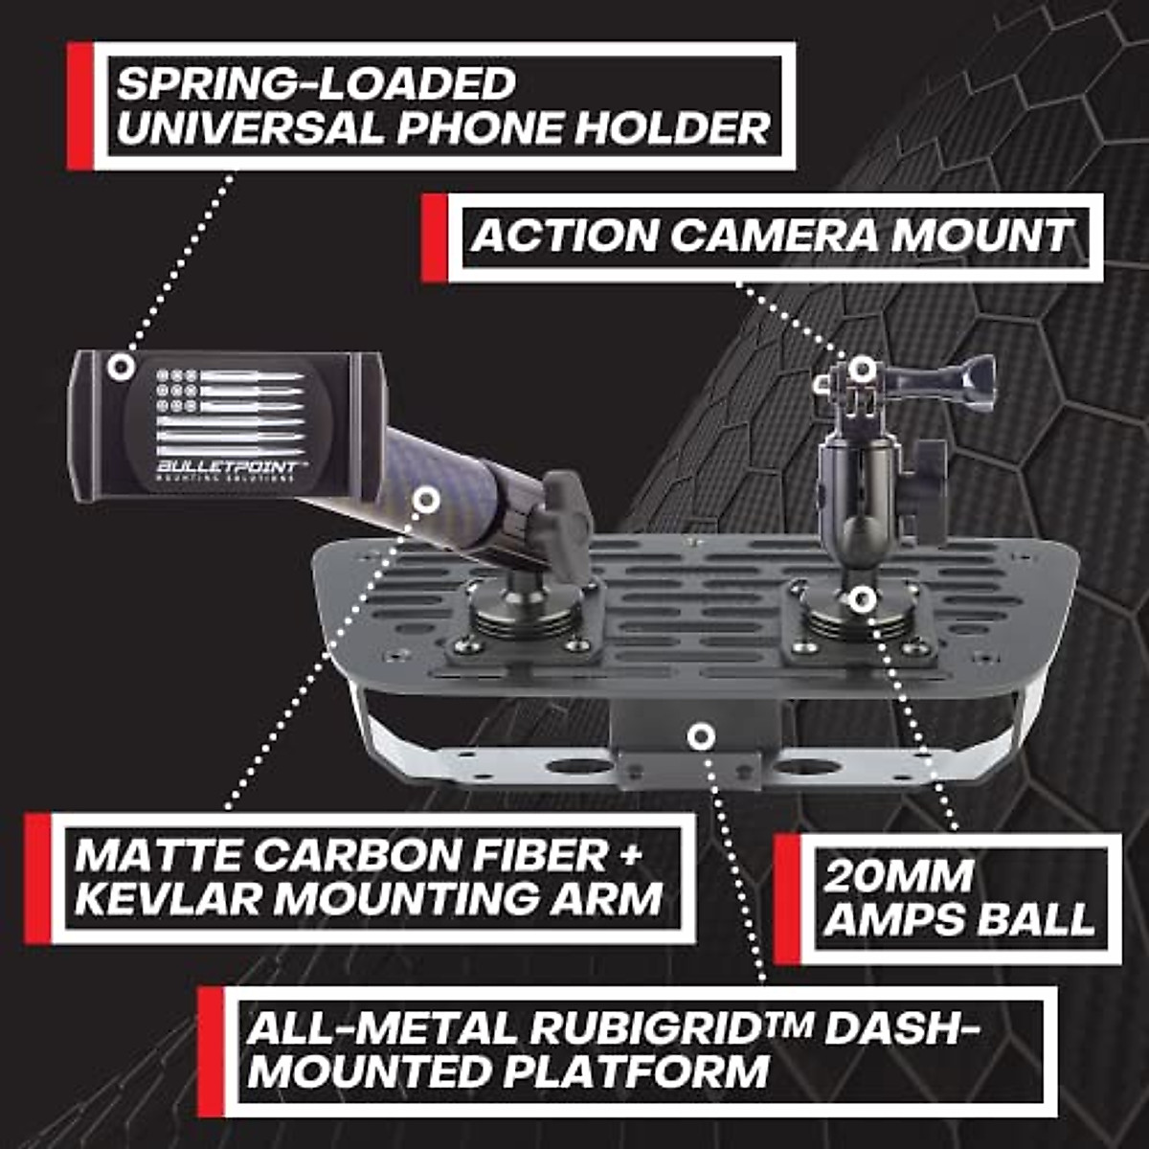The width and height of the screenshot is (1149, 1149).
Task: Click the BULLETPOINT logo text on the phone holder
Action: click(231, 465)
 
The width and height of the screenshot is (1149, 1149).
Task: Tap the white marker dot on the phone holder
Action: click(120, 367)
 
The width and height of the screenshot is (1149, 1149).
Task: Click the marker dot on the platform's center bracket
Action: click(702, 736)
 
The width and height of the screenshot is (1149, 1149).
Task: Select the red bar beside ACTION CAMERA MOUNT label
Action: click(434, 237)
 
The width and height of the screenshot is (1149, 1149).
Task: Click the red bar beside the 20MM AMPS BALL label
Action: click(786, 898)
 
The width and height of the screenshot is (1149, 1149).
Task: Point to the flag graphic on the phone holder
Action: click(231, 412)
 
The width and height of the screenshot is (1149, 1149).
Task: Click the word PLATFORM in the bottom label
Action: click(637, 1070)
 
